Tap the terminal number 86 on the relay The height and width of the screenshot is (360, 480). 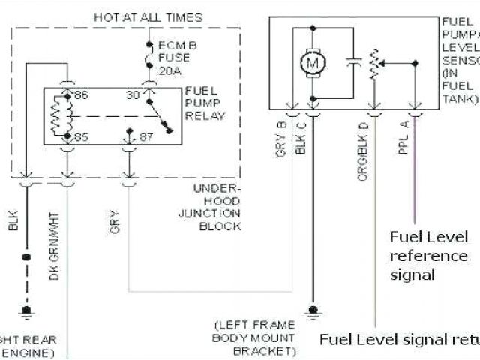[x=81, y=96]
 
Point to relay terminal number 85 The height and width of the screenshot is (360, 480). [x=81, y=137]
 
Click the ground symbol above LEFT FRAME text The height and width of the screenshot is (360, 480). [x=311, y=308]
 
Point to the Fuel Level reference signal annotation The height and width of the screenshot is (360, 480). [x=429, y=256]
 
